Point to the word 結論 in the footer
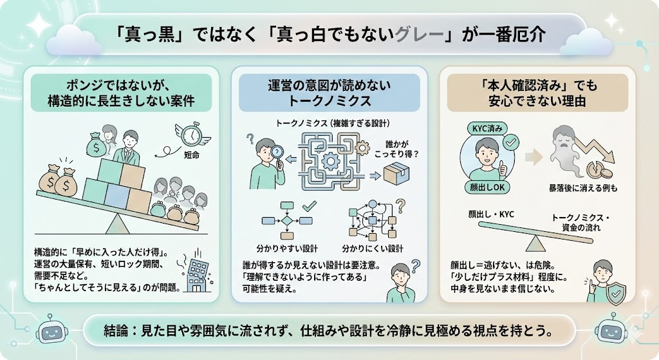pyautogui.click(x=117, y=330)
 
